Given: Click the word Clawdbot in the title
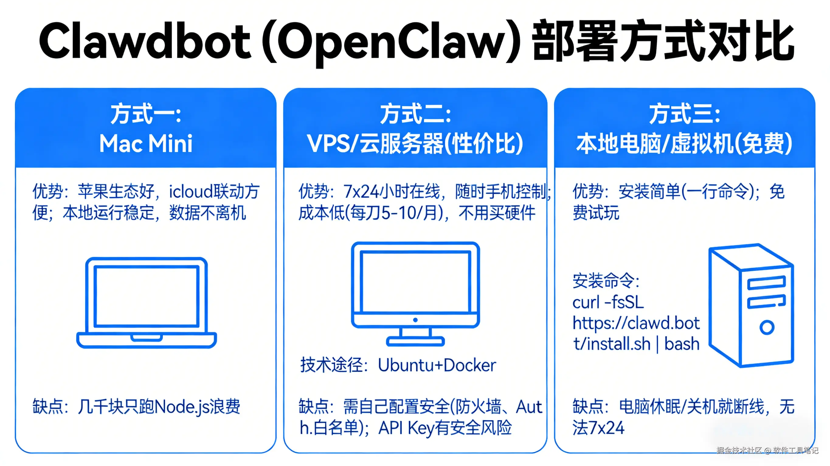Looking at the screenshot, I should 145,41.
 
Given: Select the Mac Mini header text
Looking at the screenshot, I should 146,144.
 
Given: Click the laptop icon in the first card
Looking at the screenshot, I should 146,302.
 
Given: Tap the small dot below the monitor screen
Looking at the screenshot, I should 415,320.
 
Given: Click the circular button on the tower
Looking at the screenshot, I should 767,327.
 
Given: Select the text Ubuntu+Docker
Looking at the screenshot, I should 437,365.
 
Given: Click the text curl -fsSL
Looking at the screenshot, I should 608,302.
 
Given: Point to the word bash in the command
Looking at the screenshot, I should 682,344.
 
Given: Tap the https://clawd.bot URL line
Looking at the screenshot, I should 636,323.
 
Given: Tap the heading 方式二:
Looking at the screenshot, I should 415,114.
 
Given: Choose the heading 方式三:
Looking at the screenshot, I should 684,114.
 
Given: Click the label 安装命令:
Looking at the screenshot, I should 606,280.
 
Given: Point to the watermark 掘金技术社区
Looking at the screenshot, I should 739,450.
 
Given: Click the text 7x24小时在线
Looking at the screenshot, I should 391,192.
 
